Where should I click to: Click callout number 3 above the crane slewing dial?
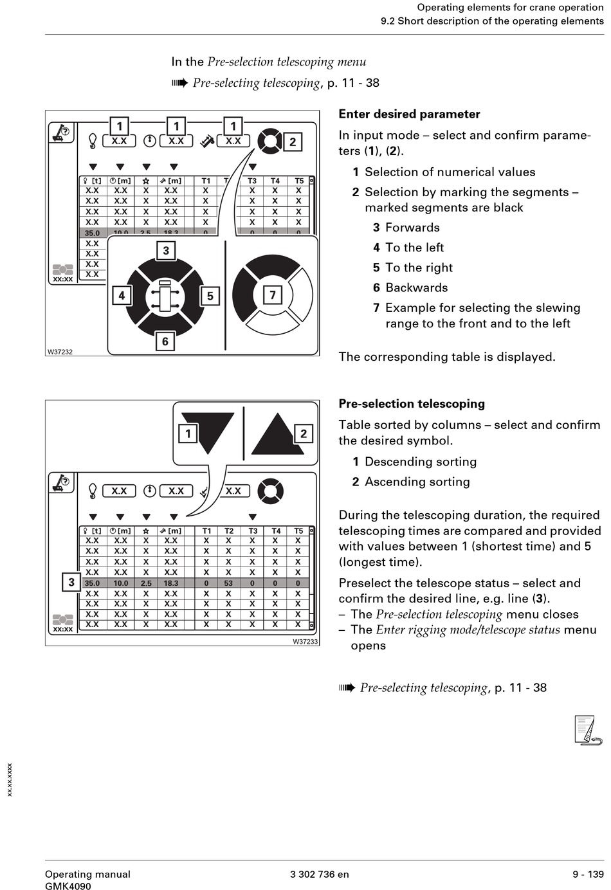click(x=166, y=250)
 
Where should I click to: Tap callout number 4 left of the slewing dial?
click(x=122, y=296)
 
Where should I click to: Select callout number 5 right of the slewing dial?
click(x=210, y=296)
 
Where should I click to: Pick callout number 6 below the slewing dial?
click(x=165, y=341)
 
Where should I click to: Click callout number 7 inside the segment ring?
click(x=273, y=295)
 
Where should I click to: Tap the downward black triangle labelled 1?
click(x=208, y=431)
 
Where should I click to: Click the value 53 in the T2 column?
click(x=228, y=583)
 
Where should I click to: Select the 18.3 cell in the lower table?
click(x=171, y=583)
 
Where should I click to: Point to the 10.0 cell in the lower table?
click(x=120, y=583)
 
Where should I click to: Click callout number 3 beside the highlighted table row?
click(x=71, y=582)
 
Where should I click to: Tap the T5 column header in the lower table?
click(x=298, y=531)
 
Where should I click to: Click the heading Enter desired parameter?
click(x=409, y=114)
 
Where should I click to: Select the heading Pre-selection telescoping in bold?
click(x=412, y=404)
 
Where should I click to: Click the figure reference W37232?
click(x=60, y=352)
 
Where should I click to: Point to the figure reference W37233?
click(x=305, y=641)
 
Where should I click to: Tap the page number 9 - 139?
click(x=588, y=874)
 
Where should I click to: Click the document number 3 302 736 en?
click(x=319, y=874)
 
